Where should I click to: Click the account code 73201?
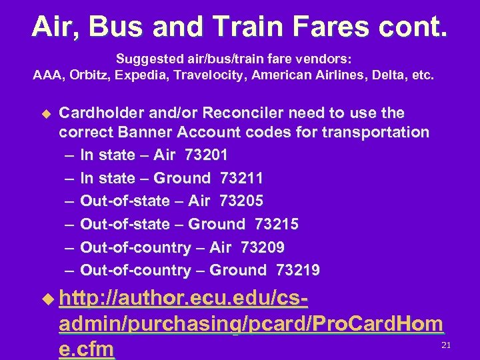(206, 155)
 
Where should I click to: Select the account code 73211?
(241, 178)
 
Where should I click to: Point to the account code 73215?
(277, 225)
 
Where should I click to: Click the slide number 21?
(446, 345)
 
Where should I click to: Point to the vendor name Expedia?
(141, 76)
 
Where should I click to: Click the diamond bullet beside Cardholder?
(45, 114)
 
